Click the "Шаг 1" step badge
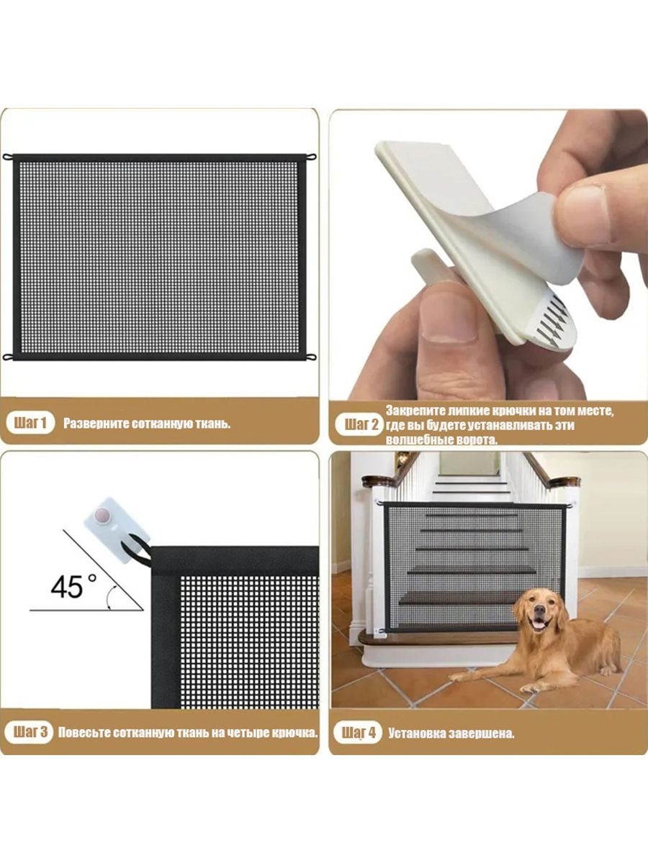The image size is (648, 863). [30, 423]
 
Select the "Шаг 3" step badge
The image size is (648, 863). [30, 731]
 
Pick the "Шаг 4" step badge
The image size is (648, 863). [358, 732]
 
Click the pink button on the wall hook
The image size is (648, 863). [103, 514]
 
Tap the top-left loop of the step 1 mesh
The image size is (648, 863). [8, 157]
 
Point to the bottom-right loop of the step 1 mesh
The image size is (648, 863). [311, 357]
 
